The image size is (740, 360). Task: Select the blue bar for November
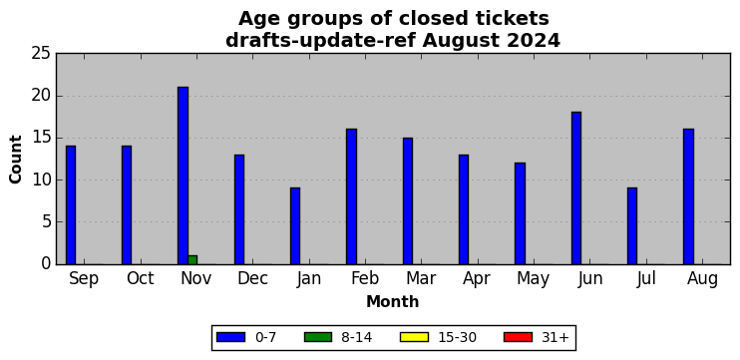click(x=184, y=176)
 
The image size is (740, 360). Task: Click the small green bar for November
click(x=192, y=260)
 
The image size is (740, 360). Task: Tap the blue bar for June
click(x=576, y=188)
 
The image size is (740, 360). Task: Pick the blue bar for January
click(x=295, y=226)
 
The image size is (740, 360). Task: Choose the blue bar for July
click(x=632, y=226)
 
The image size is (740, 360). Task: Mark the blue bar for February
click(x=352, y=196)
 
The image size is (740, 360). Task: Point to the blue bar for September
click(x=71, y=204)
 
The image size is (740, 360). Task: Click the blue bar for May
click(x=520, y=213)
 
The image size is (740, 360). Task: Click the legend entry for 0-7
click(x=246, y=337)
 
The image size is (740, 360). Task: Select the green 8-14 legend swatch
click(x=318, y=337)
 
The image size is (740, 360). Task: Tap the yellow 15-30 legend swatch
click(x=414, y=337)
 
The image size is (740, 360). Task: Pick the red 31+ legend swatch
click(x=519, y=337)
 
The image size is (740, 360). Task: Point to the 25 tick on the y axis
click(x=41, y=53)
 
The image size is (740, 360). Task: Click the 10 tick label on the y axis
click(x=41, y=180)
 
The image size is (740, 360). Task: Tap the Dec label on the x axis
click(x=252, y=278)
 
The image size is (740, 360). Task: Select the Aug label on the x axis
click(x=703, y=279)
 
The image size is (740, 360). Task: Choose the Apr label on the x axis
click(x=477, y=279)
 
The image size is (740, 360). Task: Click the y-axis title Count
click(x=16, y=159)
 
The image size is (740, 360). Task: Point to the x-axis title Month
click(x=393, y=301)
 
